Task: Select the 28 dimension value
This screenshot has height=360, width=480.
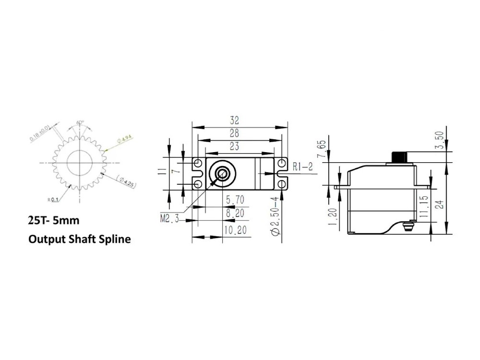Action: click(x=235, y=134)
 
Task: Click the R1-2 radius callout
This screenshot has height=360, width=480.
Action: click(x=302, y=167)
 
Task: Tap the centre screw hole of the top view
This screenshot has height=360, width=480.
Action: click(x=222, y=174)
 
